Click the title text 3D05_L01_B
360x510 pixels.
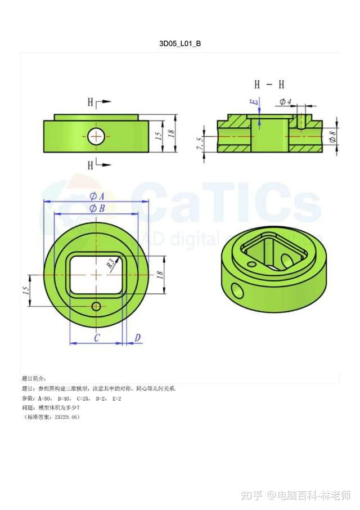pos(180,43)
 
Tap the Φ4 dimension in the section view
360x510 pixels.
pos(285,102)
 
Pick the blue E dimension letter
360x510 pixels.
pos(254,102)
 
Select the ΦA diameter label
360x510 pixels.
pos(97,196)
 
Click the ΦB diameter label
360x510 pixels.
pos(97,209)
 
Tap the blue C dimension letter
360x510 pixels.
pos(97,338)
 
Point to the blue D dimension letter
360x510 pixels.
pos(138,338)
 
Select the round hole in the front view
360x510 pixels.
pos(96,136)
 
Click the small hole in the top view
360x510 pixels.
pos(97,306)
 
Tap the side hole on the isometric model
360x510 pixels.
pos(237,290)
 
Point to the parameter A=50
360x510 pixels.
pos(44,398)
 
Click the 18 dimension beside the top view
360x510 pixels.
pos(159,274)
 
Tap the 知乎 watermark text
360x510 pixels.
pos(251,495)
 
